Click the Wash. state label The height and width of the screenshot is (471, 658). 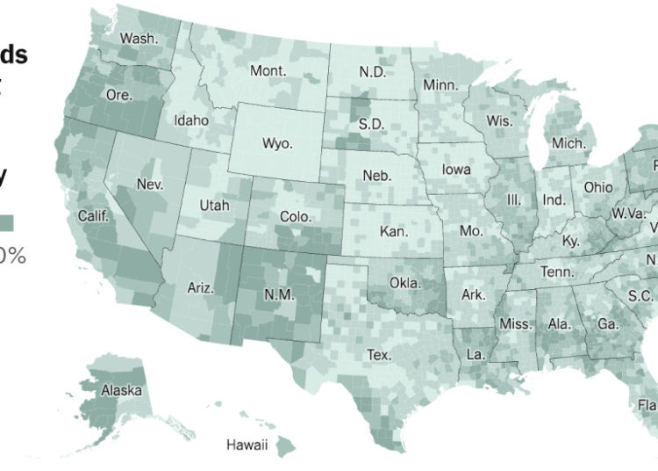(x=139, y=39)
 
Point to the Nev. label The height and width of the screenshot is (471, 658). (x=151, y=185)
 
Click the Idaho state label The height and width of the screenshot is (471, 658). (x=190, y=120)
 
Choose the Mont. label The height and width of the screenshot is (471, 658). (x=268, y=71)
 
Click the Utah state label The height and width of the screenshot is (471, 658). (x=214, y=205)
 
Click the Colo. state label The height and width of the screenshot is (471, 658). (x=296, y=216)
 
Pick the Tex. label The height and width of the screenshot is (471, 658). (x=379, y=355)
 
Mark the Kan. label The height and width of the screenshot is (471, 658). (x=393, y=232)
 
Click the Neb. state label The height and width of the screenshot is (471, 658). (x=377, y=176)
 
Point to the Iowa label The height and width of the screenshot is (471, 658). (x=456, y=170)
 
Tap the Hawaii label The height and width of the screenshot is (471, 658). (x=247, y=444)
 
